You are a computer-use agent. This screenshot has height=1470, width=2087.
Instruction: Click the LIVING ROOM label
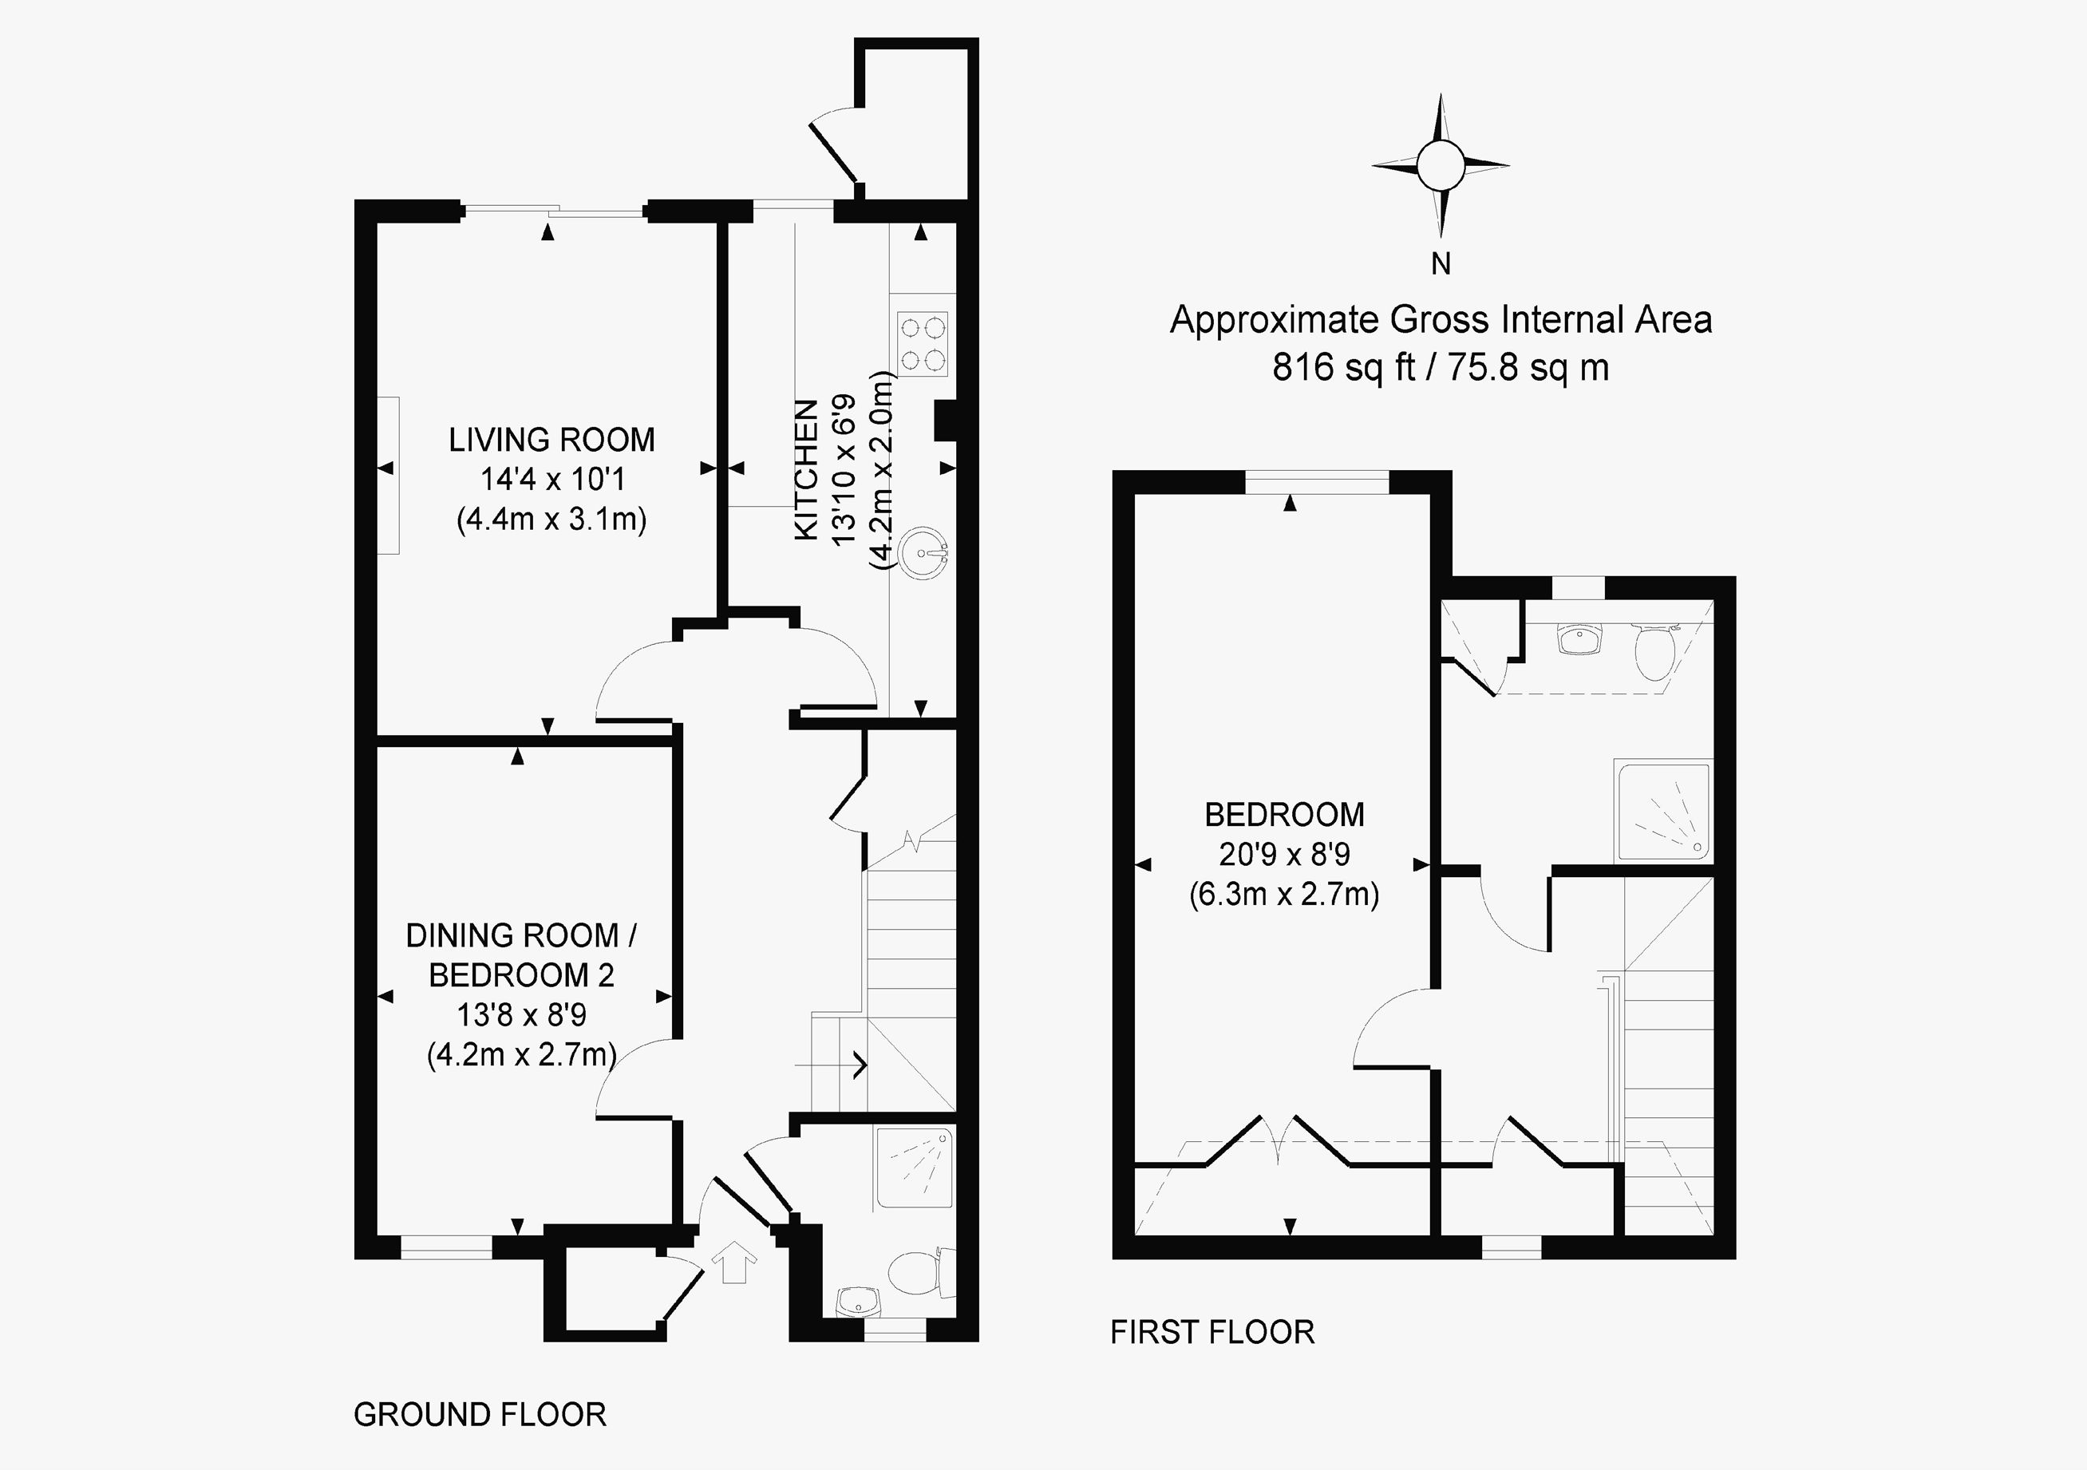click(x=551, y=440)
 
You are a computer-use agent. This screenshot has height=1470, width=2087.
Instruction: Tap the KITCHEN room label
click(x=806, y=470)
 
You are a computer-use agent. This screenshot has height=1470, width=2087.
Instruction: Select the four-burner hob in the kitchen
click(x=923, y=344)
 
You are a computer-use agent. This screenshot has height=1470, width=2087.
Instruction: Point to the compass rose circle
click(x=1440, y=166)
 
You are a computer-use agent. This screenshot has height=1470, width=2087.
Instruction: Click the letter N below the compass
click(x=1440, y=264)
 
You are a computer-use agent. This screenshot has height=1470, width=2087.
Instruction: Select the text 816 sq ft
click(x=1343, y=367)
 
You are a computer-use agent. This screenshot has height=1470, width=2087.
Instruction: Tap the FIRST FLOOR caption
click(x=1211, y=1332)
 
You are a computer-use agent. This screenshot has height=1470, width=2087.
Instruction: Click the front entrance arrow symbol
click(x=734, y=1263)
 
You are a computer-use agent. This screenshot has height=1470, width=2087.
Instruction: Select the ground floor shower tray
click(x=915, y=1168)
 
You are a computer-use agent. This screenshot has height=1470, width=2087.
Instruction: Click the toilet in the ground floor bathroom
click(x=916, y=1273)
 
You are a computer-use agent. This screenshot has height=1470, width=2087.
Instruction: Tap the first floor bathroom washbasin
click(x=1579, y=640)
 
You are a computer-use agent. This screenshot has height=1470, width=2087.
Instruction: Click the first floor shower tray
click(x=1662, y=812)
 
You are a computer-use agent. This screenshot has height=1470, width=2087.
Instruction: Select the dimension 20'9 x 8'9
click(x=1284, y=855)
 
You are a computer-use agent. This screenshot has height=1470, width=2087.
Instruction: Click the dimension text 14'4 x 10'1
click(x=551, y=479)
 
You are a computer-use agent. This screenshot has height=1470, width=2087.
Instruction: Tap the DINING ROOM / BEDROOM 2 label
click(x=522, y=954)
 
